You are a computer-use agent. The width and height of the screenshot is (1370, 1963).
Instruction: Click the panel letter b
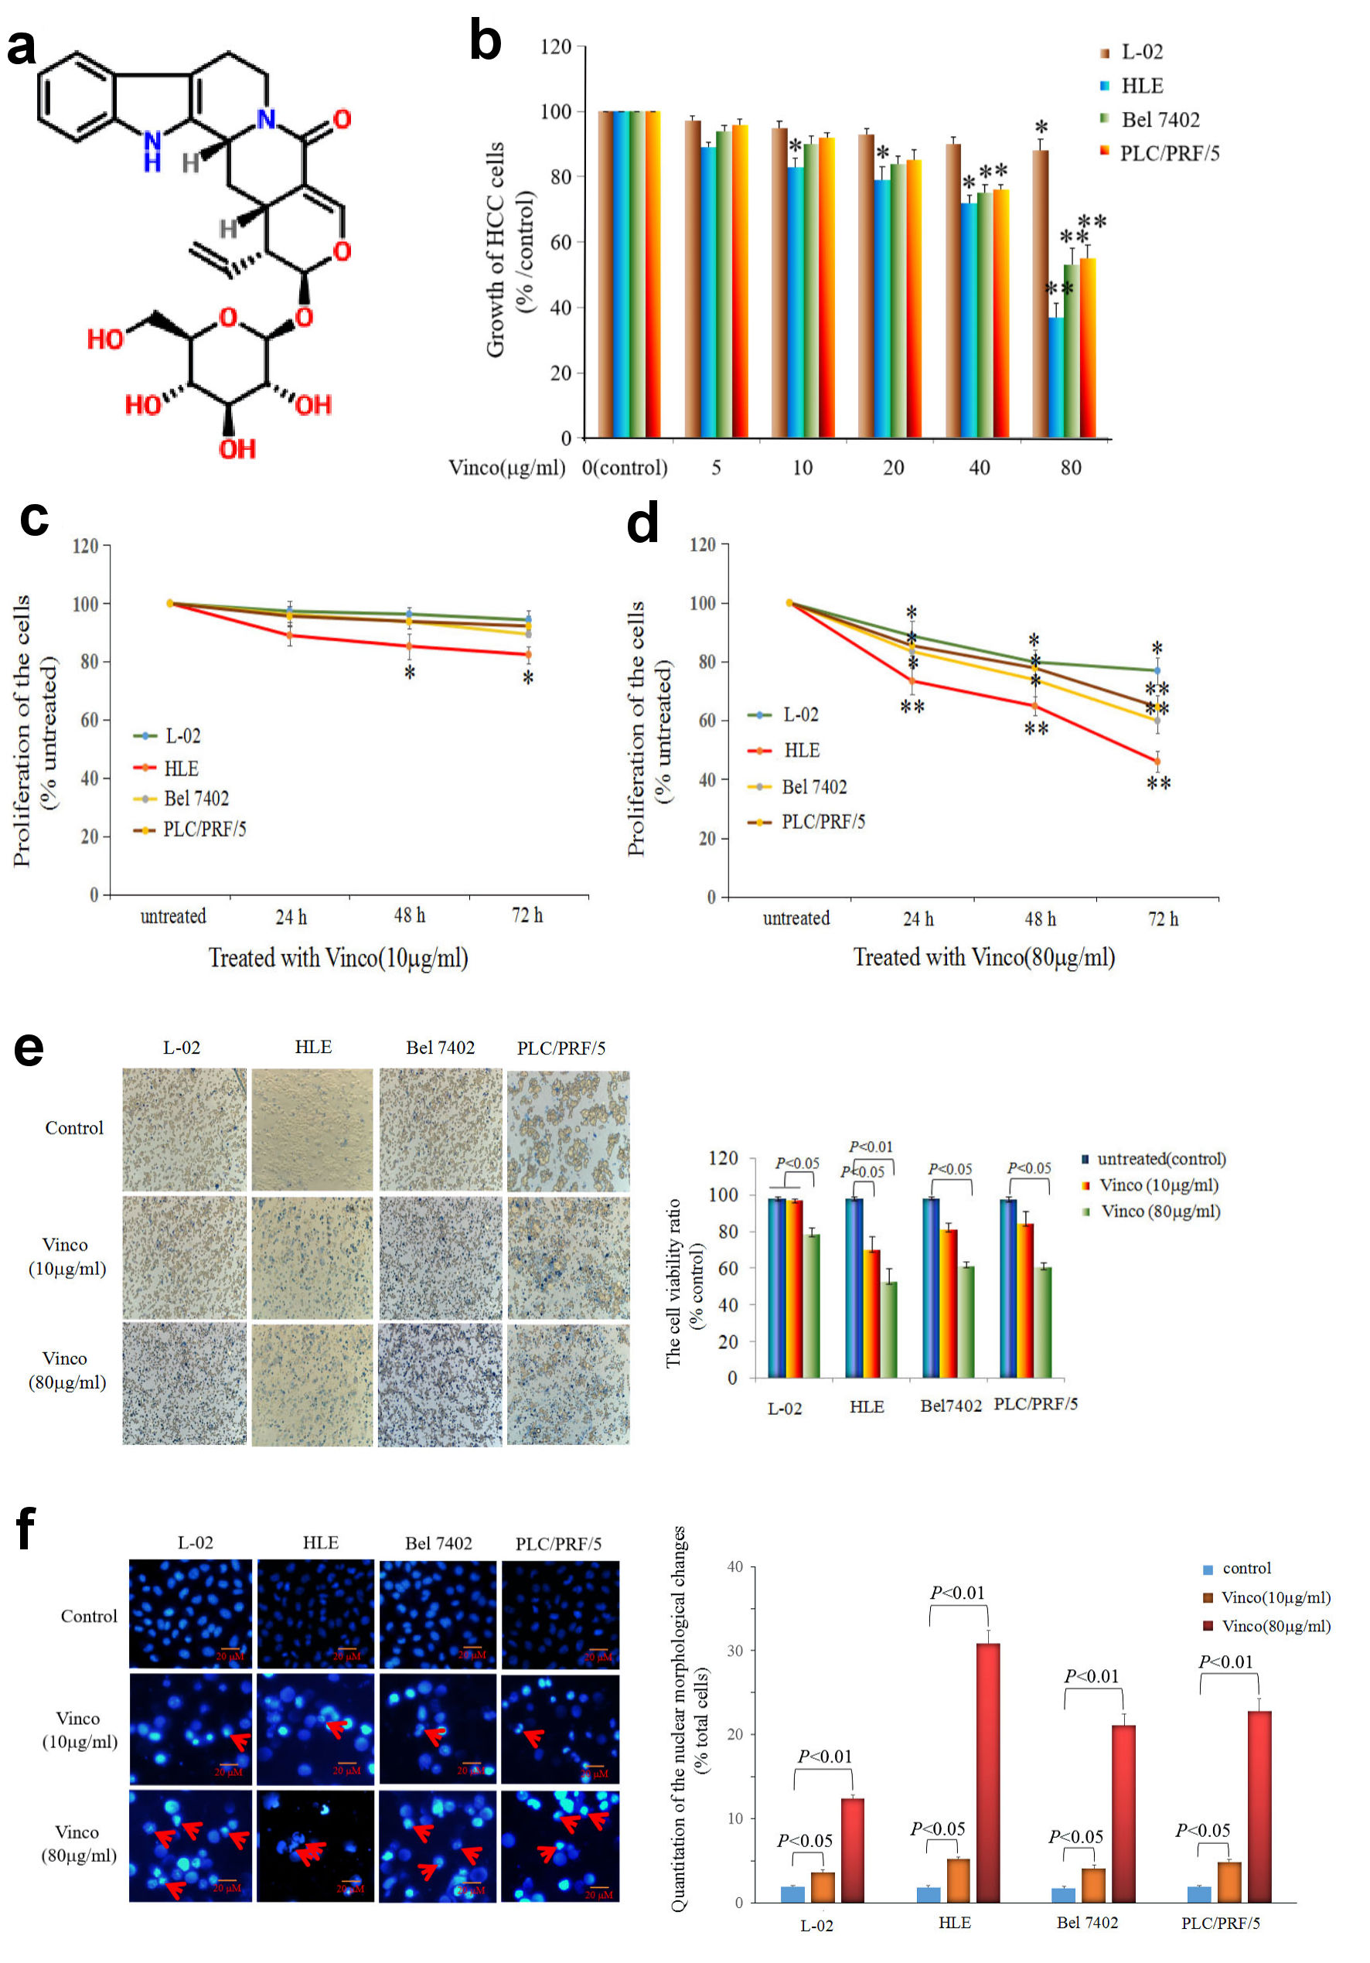click(485, 42)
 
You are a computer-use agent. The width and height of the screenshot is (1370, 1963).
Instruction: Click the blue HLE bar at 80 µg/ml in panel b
click(1056, 377)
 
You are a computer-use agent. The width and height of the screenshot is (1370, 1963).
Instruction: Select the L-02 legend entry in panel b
click(1141, 52)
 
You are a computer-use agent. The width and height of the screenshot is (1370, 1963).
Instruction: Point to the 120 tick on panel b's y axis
click(556, 46)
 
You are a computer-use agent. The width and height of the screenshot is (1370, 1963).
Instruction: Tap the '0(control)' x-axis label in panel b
click(624, 468)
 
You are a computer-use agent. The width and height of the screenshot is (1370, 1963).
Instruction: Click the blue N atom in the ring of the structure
click(266, 119)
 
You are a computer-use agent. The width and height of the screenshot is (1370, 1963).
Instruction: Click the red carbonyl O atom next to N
click(342, 119)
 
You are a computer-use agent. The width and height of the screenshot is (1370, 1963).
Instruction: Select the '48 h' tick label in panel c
click(409, 915)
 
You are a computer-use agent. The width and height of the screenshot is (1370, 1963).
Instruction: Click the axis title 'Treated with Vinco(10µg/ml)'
click(338, 958)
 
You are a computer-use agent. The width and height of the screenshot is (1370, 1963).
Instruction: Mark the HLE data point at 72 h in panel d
click(1157, 761)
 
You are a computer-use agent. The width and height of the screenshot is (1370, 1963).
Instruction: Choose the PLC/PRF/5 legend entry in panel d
click(823, 822)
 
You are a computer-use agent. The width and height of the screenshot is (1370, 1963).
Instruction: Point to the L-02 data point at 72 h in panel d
click(1157, 670)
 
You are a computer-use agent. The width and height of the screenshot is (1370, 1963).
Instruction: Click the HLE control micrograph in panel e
click(312, 1130)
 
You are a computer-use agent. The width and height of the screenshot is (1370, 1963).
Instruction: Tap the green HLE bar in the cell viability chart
click(888, 1330)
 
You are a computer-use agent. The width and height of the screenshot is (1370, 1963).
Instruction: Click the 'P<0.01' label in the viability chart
click(871, 1147)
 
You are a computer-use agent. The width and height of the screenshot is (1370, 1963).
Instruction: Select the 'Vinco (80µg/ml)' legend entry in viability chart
click(1160, 1212)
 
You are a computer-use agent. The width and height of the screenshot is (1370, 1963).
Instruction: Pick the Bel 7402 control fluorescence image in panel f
click(438, 1614)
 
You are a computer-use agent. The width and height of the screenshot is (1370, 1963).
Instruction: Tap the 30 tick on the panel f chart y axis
click(734, 1651)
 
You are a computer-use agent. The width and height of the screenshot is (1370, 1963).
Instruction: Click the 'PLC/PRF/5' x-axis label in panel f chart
click(1219, 1923)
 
